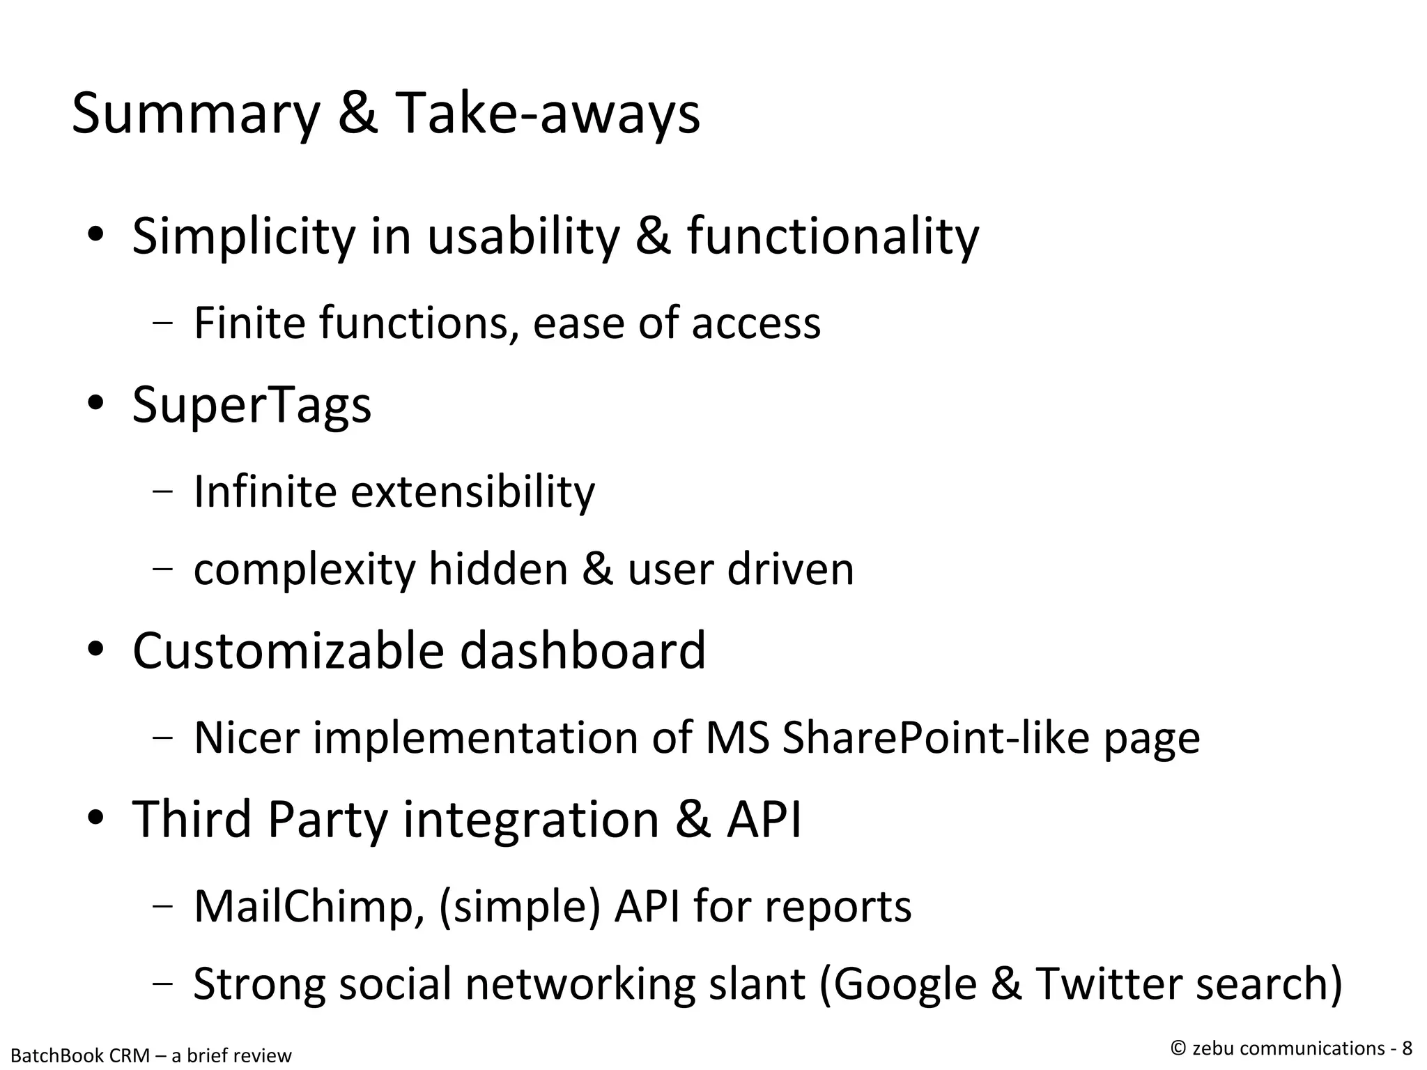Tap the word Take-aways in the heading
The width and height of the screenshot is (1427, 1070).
click(547, 114)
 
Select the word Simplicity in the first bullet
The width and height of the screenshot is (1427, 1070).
click(243, 237)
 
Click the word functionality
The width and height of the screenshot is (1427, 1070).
click(833, 237)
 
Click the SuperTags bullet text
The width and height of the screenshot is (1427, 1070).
click(252, 406)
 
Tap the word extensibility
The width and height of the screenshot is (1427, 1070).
click(472, 491)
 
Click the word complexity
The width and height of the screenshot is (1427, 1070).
click(304, 570)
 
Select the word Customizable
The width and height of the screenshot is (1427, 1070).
click(288, 651)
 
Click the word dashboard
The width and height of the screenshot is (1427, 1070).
click(583, 651)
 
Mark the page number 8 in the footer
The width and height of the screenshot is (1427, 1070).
click(1407, 1048)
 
